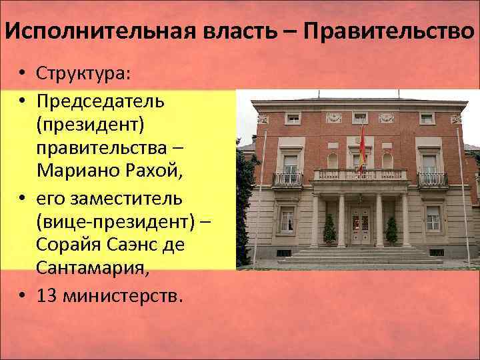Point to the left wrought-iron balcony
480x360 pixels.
(287, 179)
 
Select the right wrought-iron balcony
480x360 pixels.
(432, 179)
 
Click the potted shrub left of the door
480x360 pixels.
(329, 231)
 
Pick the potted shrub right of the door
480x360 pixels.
(392, 231)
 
